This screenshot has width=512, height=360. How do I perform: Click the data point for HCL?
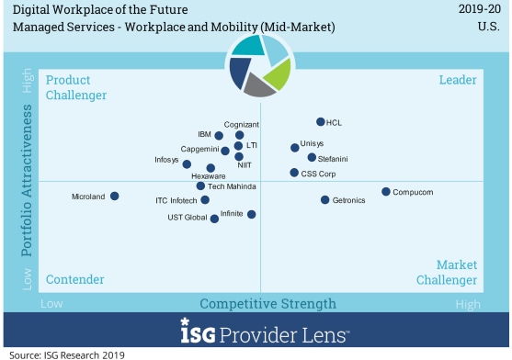click(x=320, y=122)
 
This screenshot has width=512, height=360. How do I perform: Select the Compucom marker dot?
click(x=386, y=192)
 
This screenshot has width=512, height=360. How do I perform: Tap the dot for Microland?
click(x=115, y=196)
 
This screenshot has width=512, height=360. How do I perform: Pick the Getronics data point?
click(x=324, y=199)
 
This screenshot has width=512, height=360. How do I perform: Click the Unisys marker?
click(x=294, y=147)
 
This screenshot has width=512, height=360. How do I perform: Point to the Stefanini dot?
click(x=312, y=157)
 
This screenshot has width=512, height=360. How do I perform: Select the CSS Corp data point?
click(x=293, y=173)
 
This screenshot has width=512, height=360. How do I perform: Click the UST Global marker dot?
click(x=215, y=219)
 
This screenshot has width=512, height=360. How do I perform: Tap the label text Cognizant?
click(x=242, y=125)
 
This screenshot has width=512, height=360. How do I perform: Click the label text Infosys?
click(x=166, y=160)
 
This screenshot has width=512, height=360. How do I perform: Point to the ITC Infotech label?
click(x=176, y=200)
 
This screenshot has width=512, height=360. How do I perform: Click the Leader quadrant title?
click(x=457, y=81)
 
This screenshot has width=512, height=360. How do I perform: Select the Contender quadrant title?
click(x=74, y=279)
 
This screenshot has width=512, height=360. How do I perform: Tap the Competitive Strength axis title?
click(x=267, y=303)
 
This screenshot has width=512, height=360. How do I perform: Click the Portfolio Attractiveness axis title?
click(x=28, y=180)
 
